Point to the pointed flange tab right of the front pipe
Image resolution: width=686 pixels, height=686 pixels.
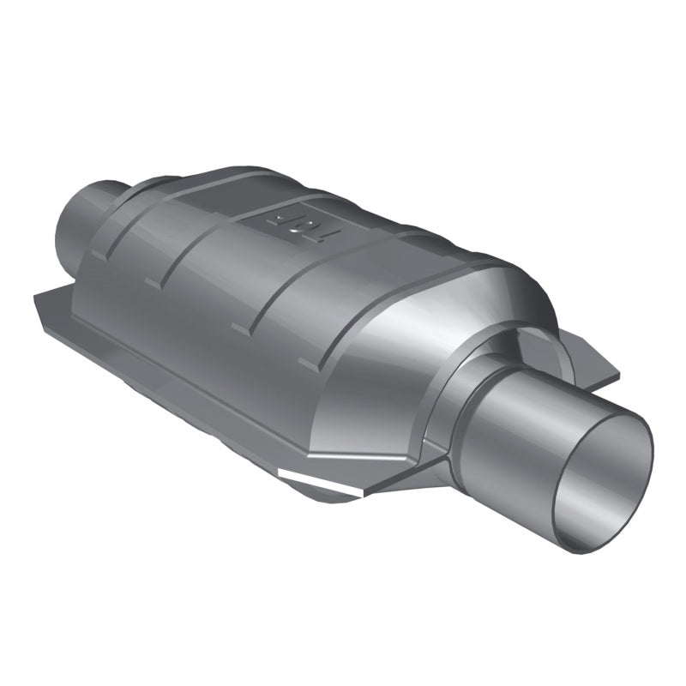[x=600, y=360]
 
